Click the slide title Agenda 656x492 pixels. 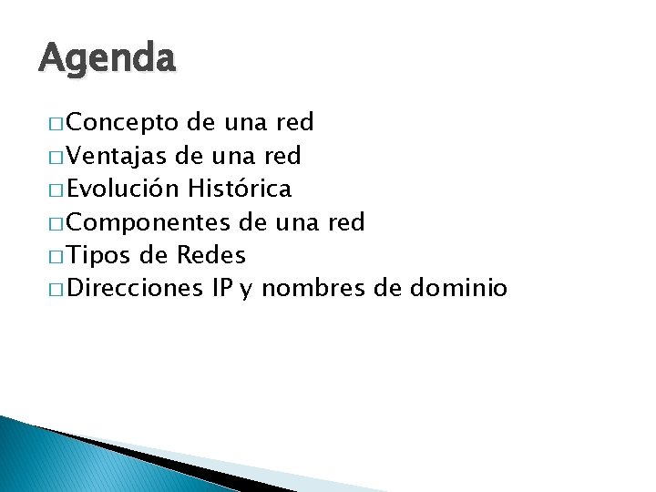click(x=107, y=60)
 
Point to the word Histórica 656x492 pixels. click(x=240, y=189)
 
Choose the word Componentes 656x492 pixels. click(x=149, y=222)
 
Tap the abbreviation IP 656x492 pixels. click(x=221, y=289)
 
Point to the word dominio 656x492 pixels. click(x=458, y=289)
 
